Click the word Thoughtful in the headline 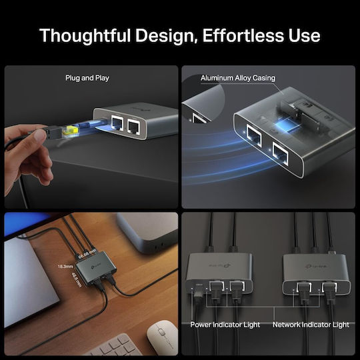(x=85, y=36)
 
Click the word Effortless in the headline (x=243, y=35)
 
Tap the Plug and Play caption (x=87, y=78)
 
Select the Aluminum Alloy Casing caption (x=238, y=78)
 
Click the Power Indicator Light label (x=225, y=325)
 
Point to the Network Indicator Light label (x=311, y=325)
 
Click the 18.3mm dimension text (x=65, y=266)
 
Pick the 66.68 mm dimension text (x=87, y=255)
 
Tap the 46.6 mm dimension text (x=77, y=280)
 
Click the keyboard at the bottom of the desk (x=115, y=346)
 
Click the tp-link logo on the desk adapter (x=95, y=267)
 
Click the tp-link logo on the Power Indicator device (x=220, y=265)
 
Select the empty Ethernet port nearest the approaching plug (x=117, y=123)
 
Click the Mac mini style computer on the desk (x=147, y=232)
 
